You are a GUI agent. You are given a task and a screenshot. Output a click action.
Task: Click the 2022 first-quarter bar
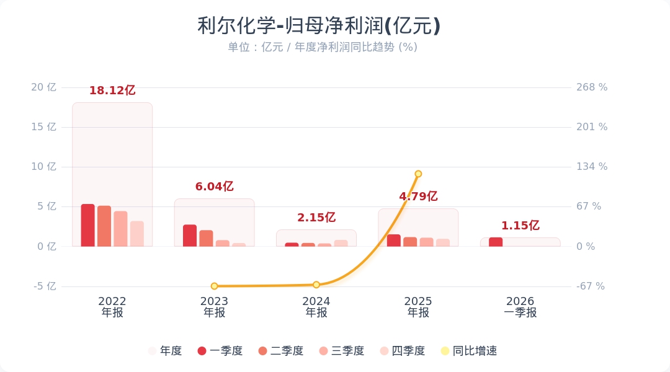[88, 225]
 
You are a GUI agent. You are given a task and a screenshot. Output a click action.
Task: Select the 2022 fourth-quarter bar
[137, 234]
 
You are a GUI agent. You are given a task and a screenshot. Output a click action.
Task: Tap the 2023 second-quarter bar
[206, 238]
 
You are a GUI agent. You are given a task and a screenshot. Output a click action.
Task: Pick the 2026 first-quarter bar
[496, 242]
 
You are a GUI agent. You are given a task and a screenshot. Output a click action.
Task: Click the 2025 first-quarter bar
[394, 241]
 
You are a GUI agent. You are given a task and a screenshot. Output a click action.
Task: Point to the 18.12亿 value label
[112, 91]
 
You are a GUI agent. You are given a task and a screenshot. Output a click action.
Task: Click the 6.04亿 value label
[214, 187]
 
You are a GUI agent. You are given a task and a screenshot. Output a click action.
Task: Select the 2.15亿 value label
[316, 218]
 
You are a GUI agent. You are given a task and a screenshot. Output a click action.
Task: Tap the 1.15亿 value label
[520, 226]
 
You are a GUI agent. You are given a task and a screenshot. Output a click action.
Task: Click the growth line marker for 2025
[418, 174]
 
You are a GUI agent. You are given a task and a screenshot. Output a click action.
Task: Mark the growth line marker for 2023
[214, 286]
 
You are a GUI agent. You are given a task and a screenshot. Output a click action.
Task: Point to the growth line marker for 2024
[316, 285]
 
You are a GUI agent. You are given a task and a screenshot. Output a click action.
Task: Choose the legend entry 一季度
[220, 351]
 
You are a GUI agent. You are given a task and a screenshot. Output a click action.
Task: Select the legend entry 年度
[165, 351]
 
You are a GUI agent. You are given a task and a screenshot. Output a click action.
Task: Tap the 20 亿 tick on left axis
[43, 87]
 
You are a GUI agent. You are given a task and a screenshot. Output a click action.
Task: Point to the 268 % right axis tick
[592, 87]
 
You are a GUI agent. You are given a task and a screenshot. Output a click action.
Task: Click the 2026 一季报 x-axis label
[520, 307]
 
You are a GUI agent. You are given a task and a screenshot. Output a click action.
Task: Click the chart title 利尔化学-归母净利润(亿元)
[319, 26]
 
